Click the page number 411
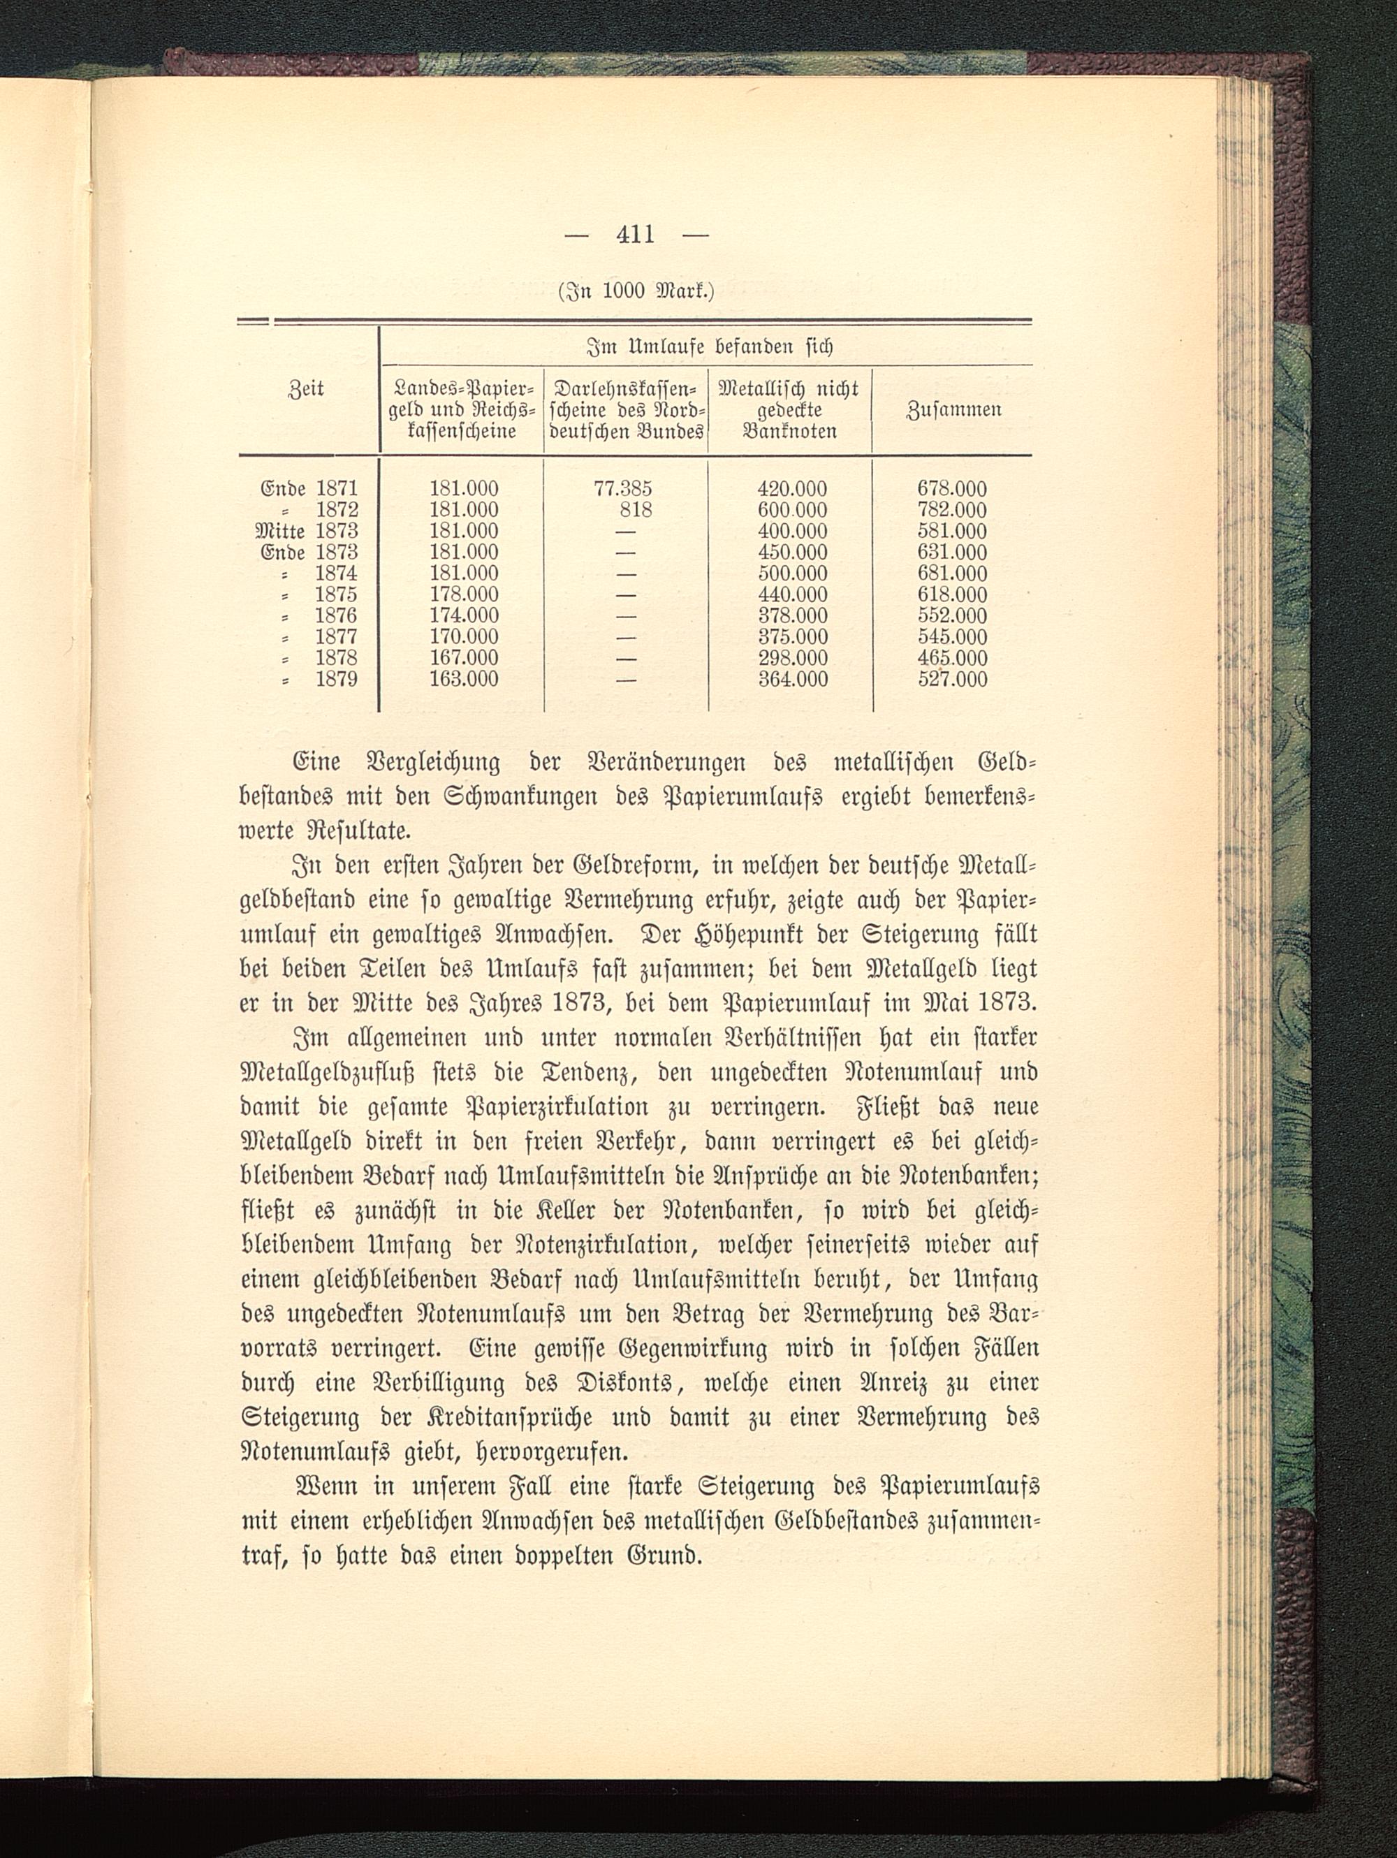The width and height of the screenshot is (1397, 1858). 635,235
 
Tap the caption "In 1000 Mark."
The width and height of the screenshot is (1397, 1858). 636,292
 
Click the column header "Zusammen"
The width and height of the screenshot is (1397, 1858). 953,411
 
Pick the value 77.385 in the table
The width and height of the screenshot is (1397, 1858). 622,489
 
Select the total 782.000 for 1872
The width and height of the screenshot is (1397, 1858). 952,510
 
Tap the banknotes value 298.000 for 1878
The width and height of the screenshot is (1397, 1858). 792,658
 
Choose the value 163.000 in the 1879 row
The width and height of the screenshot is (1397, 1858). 464,679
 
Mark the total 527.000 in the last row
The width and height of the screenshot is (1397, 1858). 952,679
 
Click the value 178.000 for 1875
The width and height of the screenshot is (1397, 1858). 464,594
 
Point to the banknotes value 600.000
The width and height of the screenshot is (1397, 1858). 792,510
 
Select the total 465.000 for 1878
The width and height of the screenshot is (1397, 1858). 952,658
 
